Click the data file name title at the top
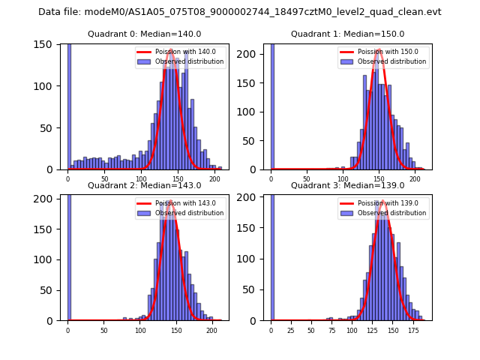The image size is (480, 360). [239, 12]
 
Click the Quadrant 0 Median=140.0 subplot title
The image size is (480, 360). [145, 34]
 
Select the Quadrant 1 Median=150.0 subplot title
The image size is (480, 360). [347, 34]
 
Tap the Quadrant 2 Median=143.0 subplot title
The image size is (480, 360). [145, 185]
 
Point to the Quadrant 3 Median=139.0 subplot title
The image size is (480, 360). [347, 185]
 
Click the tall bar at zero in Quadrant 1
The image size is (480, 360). [272, 105]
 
